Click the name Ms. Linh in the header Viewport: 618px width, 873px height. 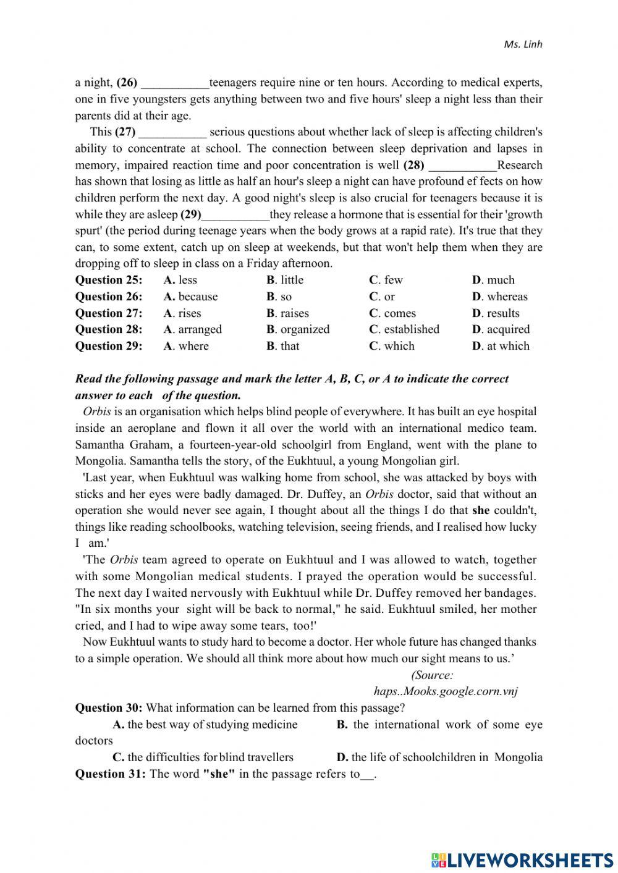(x=523, y=44)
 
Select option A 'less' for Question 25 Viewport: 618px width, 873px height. (x=180, y=280)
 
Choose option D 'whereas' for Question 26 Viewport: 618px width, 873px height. (x=500, y=297)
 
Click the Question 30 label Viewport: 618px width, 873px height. (x=109, y=708)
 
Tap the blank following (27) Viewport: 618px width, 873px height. (x=172, y=132)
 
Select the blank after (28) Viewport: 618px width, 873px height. (x=462, y=166)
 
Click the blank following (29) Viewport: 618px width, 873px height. (x=235, y=215)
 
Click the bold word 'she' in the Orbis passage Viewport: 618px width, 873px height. (x=481, y=510)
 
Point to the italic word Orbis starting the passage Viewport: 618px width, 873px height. (x=96, y=411)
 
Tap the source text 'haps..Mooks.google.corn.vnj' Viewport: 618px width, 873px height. (x=446, y=691)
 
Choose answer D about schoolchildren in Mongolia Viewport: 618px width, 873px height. (x=439, y=757)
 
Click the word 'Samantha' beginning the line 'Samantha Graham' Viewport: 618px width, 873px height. (x=99, y=445)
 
